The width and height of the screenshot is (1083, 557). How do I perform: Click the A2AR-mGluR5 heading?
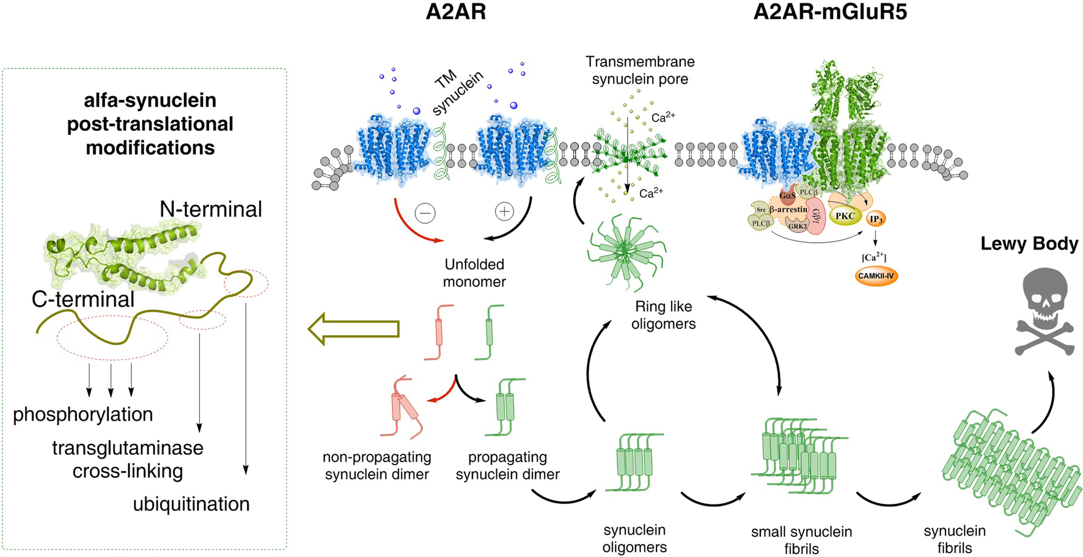pyautogui.click(x=829, y=12)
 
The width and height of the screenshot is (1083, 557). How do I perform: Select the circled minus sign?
pyautogui.click(x=425, y=213)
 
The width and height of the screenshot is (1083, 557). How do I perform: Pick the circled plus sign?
pyautogui.click(x=504, y=212)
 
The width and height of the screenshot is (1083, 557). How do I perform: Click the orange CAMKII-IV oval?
pyautogui.click(x=875, y=276)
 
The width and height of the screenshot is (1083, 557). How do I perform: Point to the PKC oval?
pyautogui.click(x=845, y=216)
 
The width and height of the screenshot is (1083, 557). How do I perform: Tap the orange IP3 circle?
pyautogui.click(x=876, y=219)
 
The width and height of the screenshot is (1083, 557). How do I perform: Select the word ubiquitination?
pyautogui.click(x=191, y=504)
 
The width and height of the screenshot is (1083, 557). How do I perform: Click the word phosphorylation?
pyautogui.click(x=83, y=415)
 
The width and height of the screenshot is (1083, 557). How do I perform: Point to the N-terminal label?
pyautogui.click(x=211, y=209)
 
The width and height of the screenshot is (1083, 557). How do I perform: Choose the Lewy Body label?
pyautogui.click(x=1029, y=243)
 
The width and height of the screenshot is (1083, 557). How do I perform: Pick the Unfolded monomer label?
pyautogui.click(x=474, y=273)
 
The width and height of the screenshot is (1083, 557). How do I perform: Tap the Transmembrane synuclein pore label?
pyautogui.click(x=640, y=70)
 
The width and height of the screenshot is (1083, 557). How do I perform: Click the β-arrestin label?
pyautogui.click(x=788, y=210)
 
